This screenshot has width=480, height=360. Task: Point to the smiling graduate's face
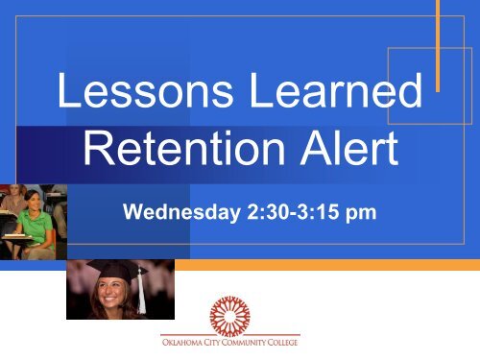click(x=108, y=295)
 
